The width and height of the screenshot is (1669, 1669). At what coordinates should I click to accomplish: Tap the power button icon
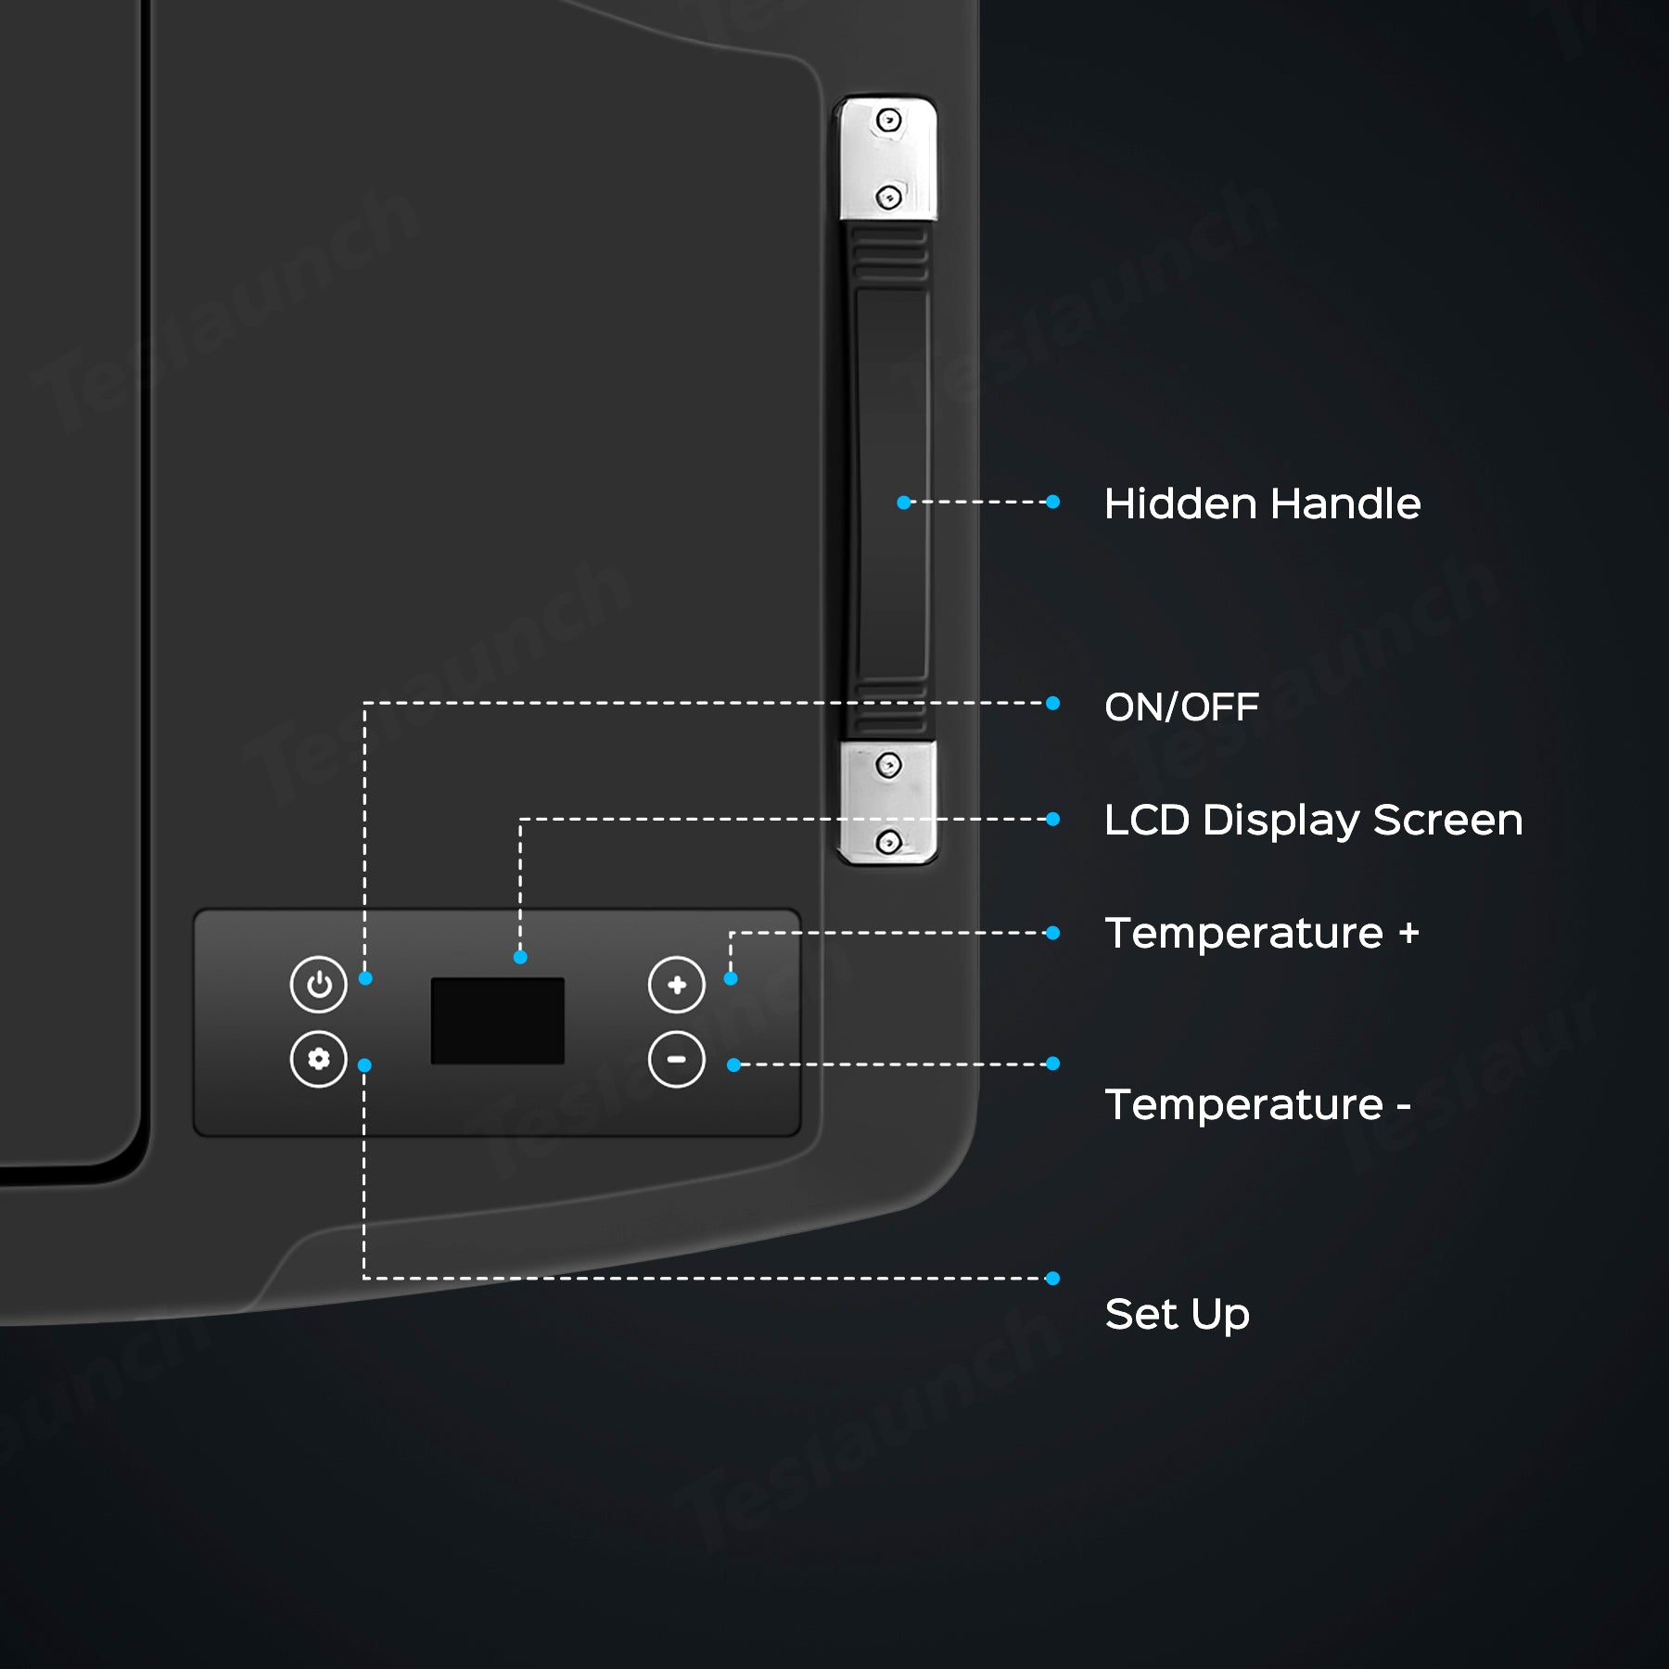click(318, 984)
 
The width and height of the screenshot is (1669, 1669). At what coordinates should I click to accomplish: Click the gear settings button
click(318, 1059)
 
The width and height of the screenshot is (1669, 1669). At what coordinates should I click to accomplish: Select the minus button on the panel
click(676, 1059)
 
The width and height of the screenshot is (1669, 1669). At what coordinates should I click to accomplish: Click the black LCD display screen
click(497, 1020)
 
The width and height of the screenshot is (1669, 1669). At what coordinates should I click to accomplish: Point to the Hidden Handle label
click(1261, 503)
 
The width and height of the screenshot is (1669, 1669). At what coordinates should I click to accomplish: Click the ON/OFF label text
click(1180, 707)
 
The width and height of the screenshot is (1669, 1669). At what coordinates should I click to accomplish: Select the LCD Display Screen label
click(1312, 820)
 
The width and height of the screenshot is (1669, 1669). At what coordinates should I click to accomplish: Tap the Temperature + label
click(1261, 933)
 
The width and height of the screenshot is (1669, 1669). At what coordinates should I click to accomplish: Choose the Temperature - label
click(1257, 1104)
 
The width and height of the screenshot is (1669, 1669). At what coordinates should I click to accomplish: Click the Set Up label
click(1177, 1314)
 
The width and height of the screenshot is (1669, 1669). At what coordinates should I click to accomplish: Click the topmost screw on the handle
click(888, 120)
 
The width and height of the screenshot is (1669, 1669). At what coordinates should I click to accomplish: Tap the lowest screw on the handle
click(888, 842)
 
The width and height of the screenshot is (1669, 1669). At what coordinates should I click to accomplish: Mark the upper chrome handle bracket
click(887, 159)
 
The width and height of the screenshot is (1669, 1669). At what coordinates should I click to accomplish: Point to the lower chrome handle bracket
click(887, 803)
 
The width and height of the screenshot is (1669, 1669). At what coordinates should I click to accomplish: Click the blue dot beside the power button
click(365, 978)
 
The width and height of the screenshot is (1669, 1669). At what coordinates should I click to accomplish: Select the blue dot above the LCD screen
click(520, 957)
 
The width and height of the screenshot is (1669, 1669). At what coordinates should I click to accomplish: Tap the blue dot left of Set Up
click(1052, 1279)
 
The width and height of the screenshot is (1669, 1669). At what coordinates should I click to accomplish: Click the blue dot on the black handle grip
click(903, 503)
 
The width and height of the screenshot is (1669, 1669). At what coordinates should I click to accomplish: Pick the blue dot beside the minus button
click(733, 1065)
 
